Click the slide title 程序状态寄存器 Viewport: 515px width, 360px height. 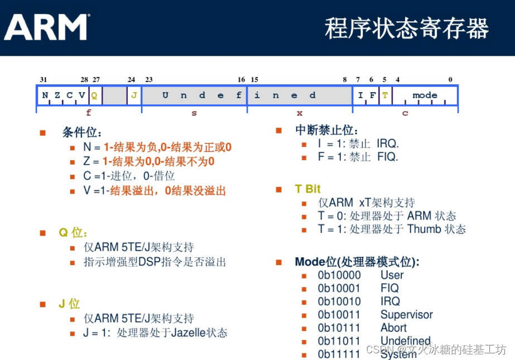click(x=407, y=28)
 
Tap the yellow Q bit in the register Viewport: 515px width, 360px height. click(x=94, y=95)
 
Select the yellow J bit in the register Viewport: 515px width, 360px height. click(x=134, y=95)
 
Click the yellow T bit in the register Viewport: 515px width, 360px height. click(x=385, y=95)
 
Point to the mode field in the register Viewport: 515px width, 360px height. click(x=425, y=95)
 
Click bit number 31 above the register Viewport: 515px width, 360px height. click(x=44, y=79)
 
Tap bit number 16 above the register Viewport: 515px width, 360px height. click(x=242, y=79)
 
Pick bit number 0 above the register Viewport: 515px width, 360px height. click(x=450, y=79)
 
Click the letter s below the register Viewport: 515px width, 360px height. click(x=194, y=113)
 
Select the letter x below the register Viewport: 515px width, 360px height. click(x=300, y=113)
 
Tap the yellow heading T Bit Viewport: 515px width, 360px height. click(x=308, y=189)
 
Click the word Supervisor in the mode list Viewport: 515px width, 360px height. click(x=407, y=315)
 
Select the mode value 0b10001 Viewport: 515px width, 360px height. click(x=339, y=289)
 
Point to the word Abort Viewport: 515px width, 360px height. click(x=393, y=328)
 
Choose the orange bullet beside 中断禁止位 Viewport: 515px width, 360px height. click(x=279, y=131)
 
